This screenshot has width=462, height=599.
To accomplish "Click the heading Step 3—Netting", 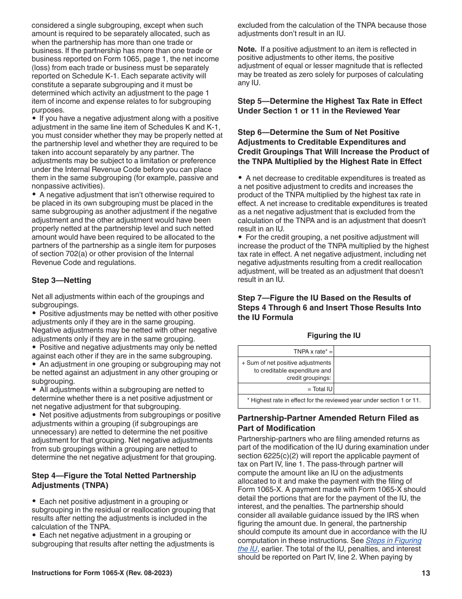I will click(x=61, y=281).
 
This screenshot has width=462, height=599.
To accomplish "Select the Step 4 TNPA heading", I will click(x=114, y=480).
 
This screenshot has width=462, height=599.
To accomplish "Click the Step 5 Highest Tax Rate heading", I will click(x=330, y=106).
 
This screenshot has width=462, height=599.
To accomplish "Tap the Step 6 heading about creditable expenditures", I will click(x=333, y=147).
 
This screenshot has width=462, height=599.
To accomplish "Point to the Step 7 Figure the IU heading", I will click(x=329, y=307).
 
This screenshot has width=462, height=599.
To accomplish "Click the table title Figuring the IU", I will click(x=334, y=336).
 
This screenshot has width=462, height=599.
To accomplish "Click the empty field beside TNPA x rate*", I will click(x=382, y=351).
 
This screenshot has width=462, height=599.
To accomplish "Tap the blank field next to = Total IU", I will click(x=382, y=389).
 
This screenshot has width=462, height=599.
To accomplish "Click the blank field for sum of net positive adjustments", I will click(x=382, y=370).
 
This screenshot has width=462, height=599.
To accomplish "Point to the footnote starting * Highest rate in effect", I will click(x=334, y=401).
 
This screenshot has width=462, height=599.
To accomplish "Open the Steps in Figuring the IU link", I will click(x=330, y=544).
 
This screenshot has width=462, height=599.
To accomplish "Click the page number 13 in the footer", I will click(x=426, y=573).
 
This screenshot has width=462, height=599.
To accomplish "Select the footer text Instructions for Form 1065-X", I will click(x=102, y=573).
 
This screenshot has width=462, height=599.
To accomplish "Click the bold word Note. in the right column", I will click(x=247, y=49).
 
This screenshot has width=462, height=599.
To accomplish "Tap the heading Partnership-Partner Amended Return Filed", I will click(x=328, y=423).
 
